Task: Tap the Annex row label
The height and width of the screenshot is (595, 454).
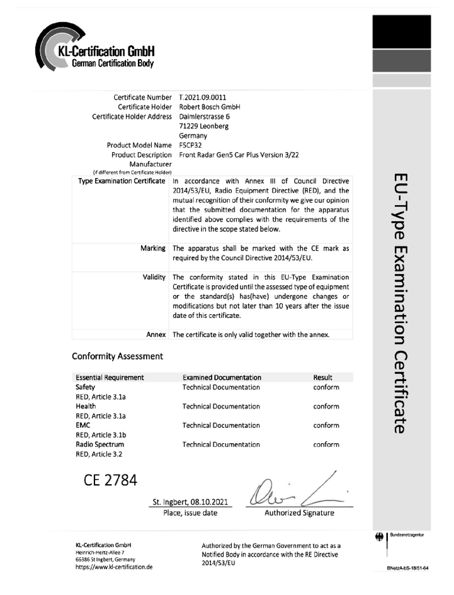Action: coord(156,334)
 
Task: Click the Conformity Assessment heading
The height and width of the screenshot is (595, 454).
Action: coord(118,356)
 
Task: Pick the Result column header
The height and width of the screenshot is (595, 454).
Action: coord(322,377)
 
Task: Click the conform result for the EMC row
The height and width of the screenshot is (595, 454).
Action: coord(326,425)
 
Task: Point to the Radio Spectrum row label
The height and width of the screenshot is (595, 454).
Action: coord(99,445)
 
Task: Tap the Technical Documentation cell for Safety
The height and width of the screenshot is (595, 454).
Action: coord(220,387)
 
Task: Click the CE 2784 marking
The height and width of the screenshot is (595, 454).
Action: coord(110,480)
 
